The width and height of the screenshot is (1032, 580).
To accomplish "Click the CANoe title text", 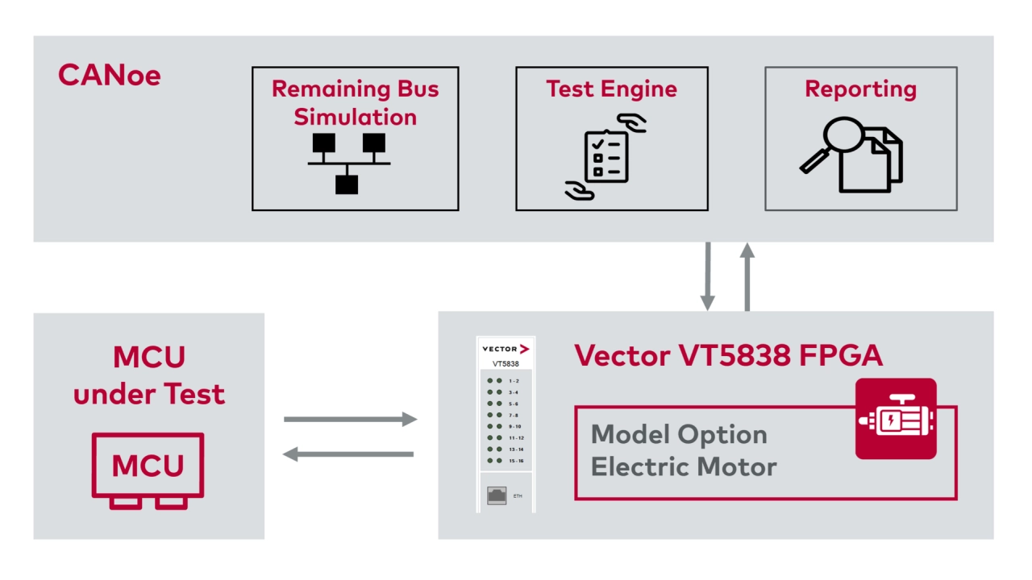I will point(110,75).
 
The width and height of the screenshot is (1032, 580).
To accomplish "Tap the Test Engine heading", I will point(611,89).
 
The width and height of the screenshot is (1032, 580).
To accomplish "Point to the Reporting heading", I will point(860,89).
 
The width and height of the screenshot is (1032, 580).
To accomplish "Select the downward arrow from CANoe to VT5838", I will point(707,276).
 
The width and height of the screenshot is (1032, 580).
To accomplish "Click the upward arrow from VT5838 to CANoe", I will point(747,276).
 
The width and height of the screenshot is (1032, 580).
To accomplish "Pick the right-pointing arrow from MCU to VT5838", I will point(350,419).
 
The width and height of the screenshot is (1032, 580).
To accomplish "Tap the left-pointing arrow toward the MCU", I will point(348,454).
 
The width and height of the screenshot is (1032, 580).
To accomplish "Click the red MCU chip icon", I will point(148,470).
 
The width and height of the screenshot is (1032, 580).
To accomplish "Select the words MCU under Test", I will point(148,375).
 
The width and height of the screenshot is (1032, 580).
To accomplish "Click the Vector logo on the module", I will point(506,349).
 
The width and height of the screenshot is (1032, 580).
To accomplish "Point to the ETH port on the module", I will point(497,495).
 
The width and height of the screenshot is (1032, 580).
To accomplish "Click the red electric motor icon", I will point(896,419).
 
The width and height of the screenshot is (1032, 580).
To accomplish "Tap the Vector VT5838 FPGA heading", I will point(728,355).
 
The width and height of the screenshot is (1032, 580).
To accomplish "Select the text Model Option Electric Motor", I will point(683,450).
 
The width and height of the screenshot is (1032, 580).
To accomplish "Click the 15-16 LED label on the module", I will point(516,461).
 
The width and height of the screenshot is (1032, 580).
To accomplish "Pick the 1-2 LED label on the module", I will point(514,380).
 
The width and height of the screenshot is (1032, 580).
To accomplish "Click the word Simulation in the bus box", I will point(355,117).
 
